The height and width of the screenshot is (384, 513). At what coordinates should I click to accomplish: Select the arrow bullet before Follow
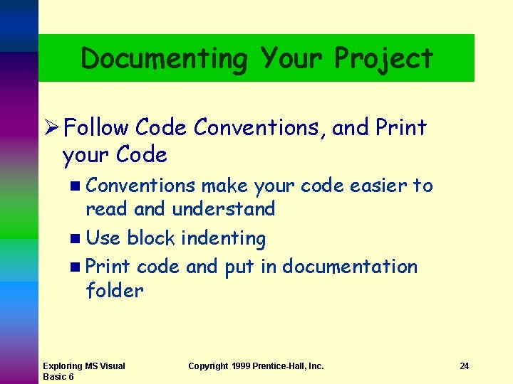click(50, 128)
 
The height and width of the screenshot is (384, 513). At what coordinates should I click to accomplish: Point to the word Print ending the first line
click(400, 128)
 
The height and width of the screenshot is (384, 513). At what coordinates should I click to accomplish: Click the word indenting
click(223, 238)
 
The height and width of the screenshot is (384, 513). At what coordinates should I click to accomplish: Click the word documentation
click(350, 267)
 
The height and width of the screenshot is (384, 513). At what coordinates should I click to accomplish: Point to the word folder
click(114, 290)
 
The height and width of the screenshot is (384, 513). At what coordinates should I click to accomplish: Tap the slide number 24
click(464, 366)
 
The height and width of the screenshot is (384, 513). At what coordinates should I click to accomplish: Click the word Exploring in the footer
click(63, 366)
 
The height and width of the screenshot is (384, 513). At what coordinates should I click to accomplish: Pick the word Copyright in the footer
click(208, 366)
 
